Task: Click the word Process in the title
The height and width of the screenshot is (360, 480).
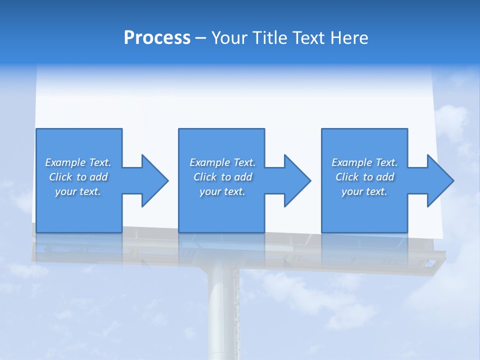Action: (157, 38)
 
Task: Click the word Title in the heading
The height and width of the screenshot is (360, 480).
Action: (269, 38)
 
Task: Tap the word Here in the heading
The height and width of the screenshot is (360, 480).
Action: (349, 38)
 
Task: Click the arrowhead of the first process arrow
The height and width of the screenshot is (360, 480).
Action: (154, 180)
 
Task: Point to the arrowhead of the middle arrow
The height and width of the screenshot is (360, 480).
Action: (297, 180)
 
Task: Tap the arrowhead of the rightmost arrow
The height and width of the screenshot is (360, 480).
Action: (440, 180)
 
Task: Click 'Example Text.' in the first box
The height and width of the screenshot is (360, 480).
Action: (78, 162)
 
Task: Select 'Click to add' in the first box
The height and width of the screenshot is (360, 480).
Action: (78, 177)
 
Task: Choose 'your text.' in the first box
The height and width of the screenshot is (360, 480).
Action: (78, 191)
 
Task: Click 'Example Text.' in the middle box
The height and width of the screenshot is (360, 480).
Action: (222, 162)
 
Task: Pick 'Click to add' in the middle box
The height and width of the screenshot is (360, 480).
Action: (222, 177)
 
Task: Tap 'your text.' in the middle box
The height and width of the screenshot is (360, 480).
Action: (222, 191)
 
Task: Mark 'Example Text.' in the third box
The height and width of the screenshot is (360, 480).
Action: (364, 162)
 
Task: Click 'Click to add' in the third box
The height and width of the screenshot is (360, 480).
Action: (364, 177)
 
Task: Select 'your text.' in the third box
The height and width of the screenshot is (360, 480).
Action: (364, 191)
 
